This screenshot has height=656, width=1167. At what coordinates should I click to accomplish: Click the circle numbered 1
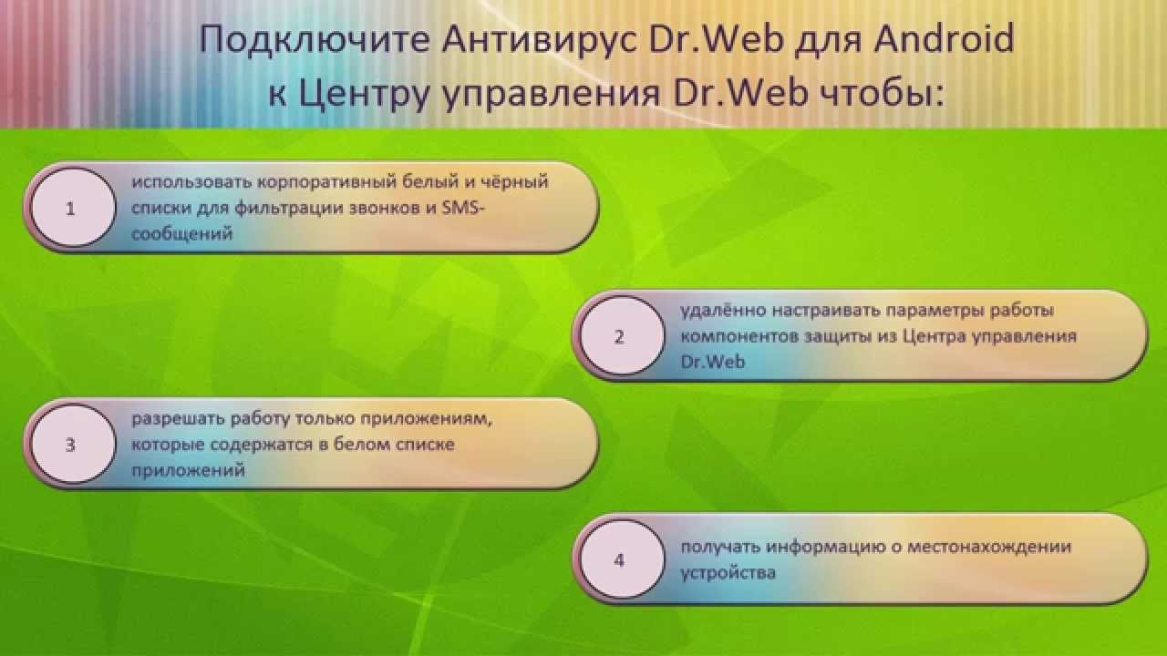[x=73, y=207]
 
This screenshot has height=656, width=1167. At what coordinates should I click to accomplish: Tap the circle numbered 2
[x=622, y=335]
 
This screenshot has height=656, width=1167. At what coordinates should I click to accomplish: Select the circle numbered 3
[x=73, y=444]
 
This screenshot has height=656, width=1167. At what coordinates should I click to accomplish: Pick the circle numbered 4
[x=622, y=559]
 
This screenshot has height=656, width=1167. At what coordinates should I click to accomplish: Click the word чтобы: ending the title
[x=882, y=94]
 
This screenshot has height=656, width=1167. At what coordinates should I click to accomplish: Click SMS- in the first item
[x=463, y=208]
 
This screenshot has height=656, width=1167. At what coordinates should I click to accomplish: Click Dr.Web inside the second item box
[x=713, y=362]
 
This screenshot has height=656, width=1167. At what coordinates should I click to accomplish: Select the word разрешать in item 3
[x=178, y=419]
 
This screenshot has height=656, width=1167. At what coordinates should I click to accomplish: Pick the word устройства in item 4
[x=728, y=573]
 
